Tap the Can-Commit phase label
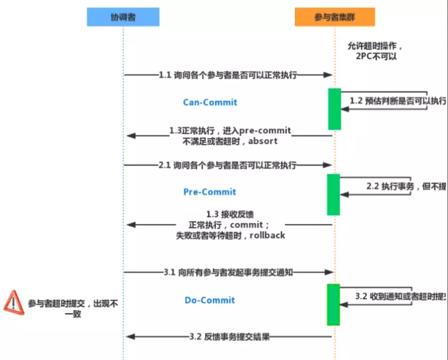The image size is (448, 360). (x=209, y=102)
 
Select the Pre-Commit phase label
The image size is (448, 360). (x=209, y=192)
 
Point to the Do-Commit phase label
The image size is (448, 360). (x=209, y=300)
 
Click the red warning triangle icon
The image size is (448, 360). (x=12, y=301)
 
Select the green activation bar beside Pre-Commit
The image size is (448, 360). (x=334, y=195)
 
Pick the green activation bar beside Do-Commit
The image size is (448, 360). (x=334, y=304)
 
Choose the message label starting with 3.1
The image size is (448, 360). (x=228, y=272)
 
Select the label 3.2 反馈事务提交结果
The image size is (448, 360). (x=229, y=337)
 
